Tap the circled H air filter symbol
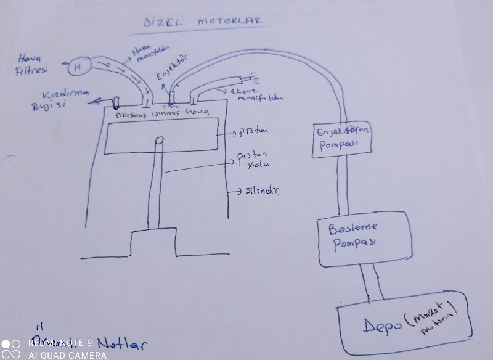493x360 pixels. (x=78, y=67)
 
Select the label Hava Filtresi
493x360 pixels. (x=31, y=65)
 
